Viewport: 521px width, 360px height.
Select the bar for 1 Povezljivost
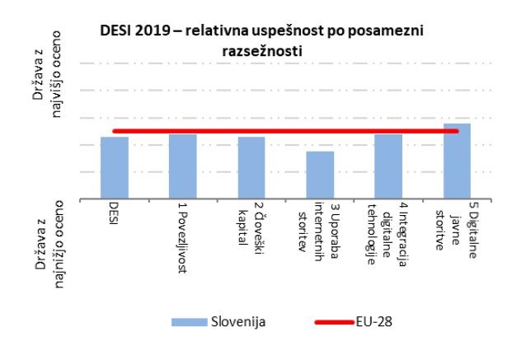[183, 166]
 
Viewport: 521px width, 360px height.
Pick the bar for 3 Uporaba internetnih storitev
[320, 175]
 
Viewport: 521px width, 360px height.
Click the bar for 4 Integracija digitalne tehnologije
[388, 166]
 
